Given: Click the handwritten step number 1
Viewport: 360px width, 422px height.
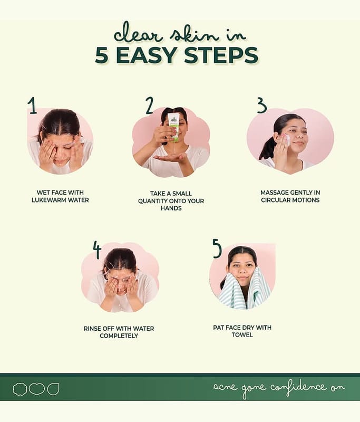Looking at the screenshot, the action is click(x=33, y=105).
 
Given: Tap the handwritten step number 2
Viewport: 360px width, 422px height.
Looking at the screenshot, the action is click(x=150, y=105).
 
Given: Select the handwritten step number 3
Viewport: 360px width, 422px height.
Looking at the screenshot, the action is click(x=261, y=105).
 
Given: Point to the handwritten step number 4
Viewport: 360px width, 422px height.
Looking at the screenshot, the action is click(x=97, y=250).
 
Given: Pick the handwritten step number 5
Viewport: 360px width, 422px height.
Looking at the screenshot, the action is click(x=217, y=248).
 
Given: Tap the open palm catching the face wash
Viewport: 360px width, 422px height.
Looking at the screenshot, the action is click(x=170, y=157).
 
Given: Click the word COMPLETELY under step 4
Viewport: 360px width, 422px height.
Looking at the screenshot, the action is click(x=119, y=335).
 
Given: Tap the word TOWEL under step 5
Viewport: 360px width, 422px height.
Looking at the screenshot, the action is click(x=242, y=334).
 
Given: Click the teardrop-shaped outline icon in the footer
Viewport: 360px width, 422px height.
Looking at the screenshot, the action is click(x=53, y=389).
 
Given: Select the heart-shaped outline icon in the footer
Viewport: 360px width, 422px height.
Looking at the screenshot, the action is click(x=36, y=389).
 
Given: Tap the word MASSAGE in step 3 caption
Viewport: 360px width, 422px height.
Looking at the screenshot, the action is click(x=273, y=193).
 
